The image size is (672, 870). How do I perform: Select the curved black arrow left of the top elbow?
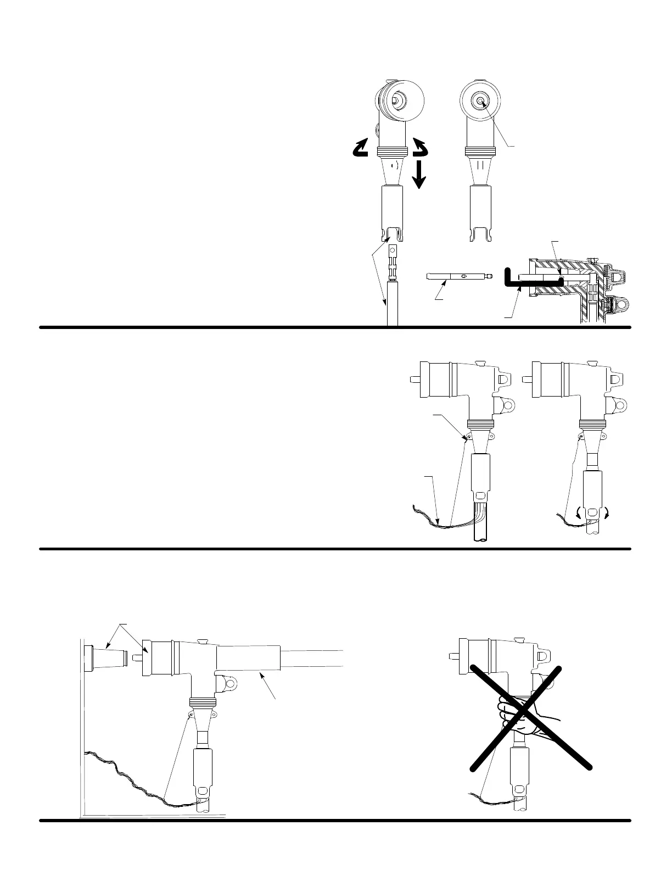tap(360, 148)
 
